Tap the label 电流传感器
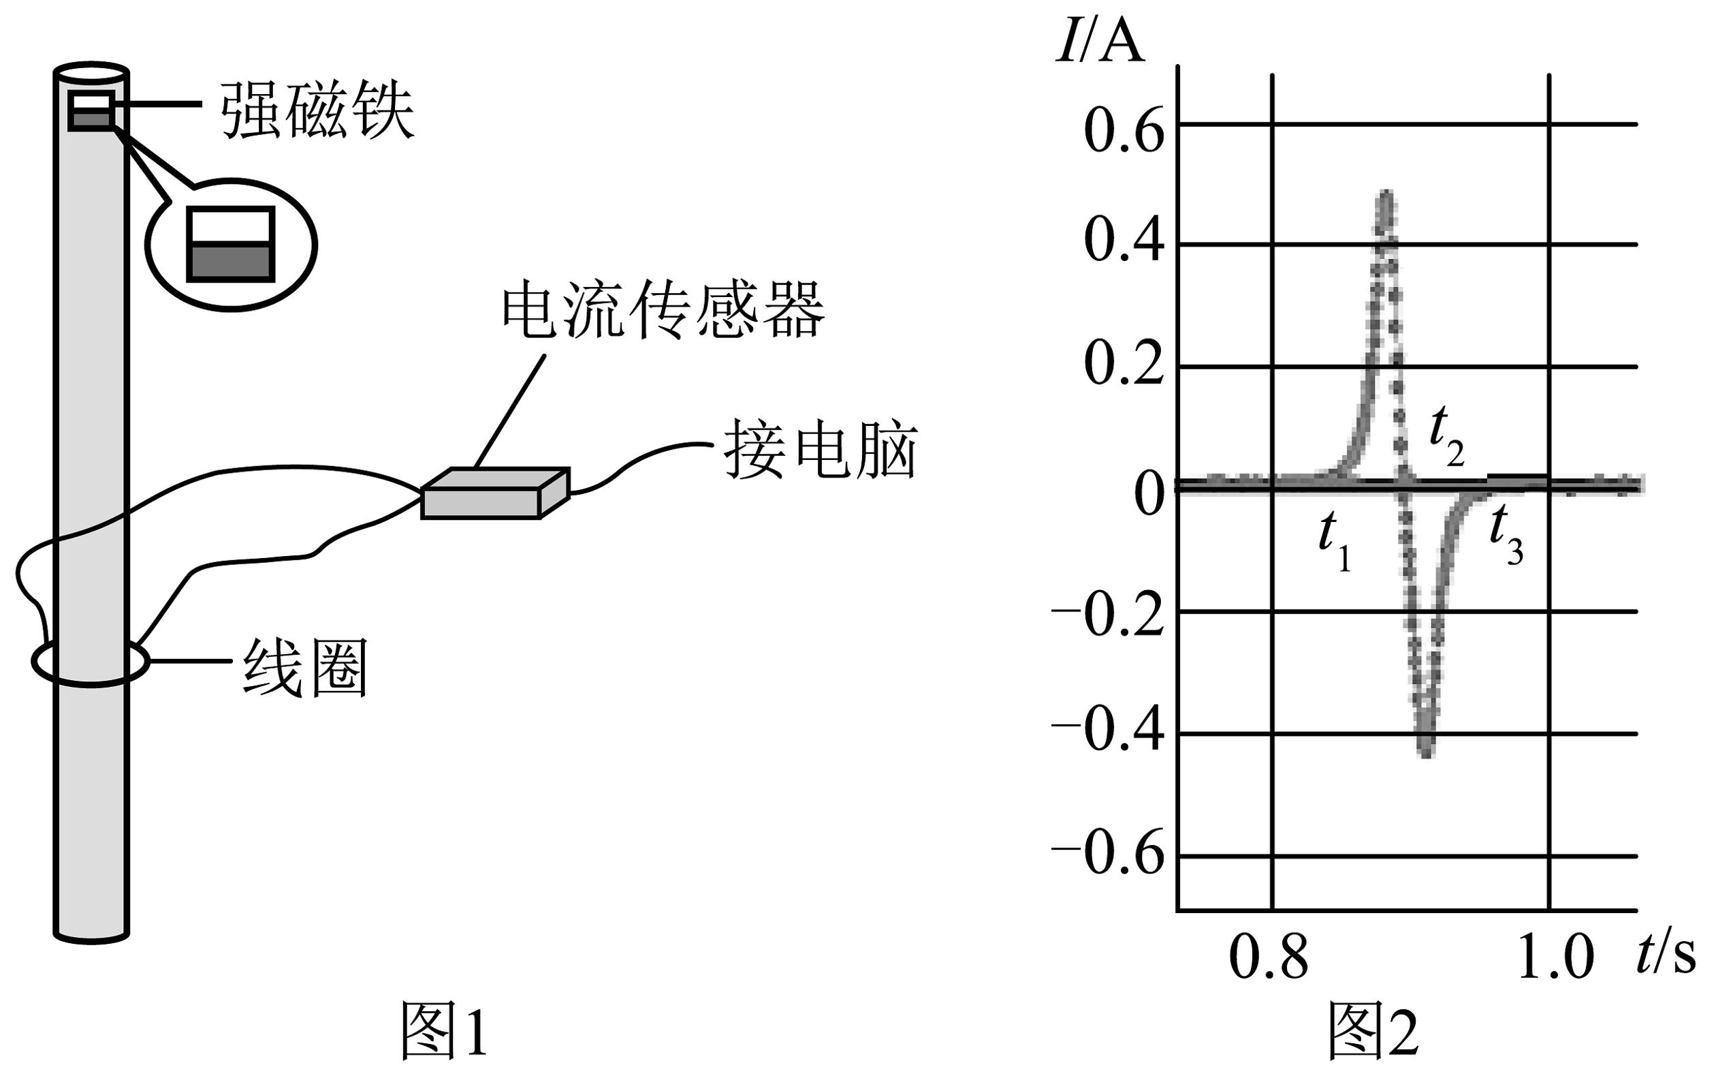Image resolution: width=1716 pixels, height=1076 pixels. (663, 311)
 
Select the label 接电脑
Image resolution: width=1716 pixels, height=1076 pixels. (821, 450)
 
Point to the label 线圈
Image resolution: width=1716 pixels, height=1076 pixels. (305, 668)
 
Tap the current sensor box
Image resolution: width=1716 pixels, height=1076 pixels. (495, 494)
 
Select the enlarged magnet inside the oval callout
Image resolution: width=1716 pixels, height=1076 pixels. (230, 245)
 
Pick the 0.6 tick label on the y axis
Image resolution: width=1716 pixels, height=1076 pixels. (1124, 131)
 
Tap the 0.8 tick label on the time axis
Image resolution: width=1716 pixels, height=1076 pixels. (1269, 958)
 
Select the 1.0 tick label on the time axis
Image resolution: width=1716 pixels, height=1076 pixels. (1555, 958)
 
